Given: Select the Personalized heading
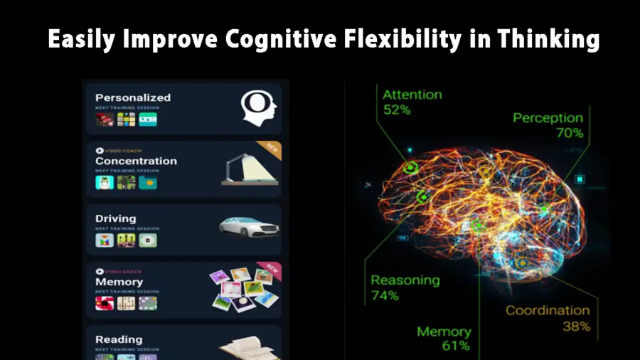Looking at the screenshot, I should point(133,97).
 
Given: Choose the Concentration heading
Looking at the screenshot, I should point(136,161).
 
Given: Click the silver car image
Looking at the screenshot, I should point(249,226).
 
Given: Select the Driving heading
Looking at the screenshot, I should point(115,218).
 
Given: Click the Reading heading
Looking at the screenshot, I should point(119,339).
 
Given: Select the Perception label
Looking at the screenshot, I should point(548,117).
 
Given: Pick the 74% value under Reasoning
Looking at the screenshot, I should point(385,295).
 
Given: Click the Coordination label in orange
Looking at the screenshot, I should point(547,310).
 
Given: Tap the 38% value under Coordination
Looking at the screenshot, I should point(575,327).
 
